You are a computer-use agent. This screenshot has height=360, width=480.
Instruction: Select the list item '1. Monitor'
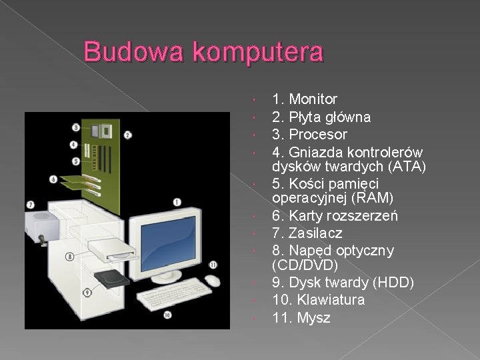[x=305, y=100]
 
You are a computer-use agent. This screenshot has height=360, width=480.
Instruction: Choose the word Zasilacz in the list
[x=316, y=233]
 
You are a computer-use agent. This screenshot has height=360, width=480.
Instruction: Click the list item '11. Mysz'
[x=301, y=318]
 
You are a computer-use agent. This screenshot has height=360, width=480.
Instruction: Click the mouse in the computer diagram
[x=213, y=281]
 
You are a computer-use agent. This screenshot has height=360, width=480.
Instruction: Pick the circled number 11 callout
[x=213, y=265]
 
